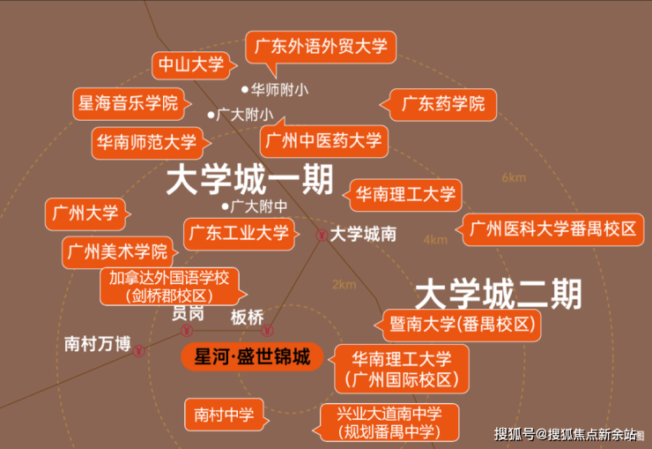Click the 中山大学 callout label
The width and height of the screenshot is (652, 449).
click(x=191, y=65)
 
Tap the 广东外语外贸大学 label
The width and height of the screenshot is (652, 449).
click(x=321, y=47)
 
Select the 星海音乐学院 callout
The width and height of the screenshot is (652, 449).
click(x=129, y=103)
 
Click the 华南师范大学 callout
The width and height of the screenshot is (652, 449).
click(x=147, y=143)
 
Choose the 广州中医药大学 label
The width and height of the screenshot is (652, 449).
click(x=323, y=140)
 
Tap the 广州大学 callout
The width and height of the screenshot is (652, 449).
click(x=85, y=213)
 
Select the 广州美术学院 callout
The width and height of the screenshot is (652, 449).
click(x=118, y=252)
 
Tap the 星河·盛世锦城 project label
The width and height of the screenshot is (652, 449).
click(x=252, y=357)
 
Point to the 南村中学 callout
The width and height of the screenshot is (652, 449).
click(x=224, y=415)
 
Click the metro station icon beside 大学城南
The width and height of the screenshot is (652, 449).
click(x=322, y=236)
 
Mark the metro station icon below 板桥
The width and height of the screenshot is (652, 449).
click(x=267, y=331)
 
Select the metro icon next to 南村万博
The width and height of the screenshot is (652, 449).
click(x=139, y=351)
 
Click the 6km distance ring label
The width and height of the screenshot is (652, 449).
click(x=514, y=178)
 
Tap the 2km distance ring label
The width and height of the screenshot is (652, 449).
click(x=345, y=285)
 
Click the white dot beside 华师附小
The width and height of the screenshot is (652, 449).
click(x=245, y=89)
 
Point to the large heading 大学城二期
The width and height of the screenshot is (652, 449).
click(x=498, y=295)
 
